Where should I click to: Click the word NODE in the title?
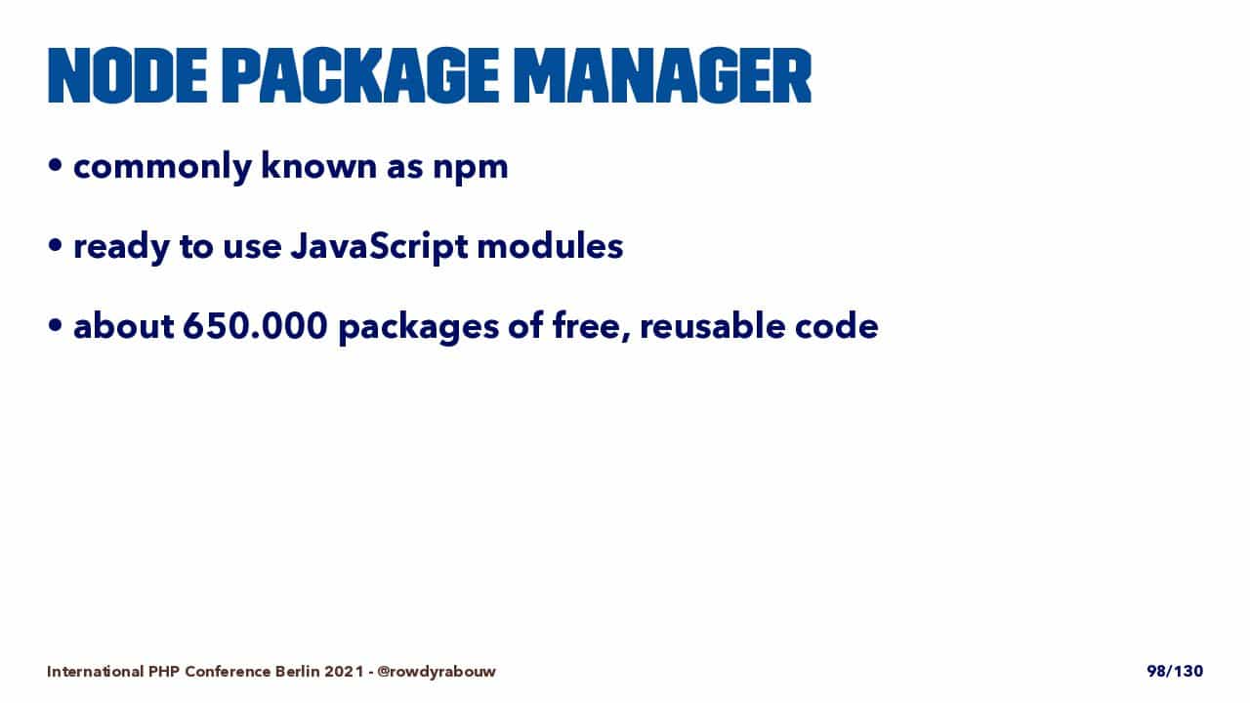click(128, 76)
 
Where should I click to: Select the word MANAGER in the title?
click(662, 76)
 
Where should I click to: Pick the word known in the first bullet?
click(318, 166)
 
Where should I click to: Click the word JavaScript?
click(379, 247)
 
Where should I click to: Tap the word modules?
click(550, 245)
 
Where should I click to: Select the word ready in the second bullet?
click(121, 248)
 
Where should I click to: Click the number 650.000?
click(255, 326)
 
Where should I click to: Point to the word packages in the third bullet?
click(419, 328)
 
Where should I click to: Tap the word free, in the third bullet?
click(592, 326)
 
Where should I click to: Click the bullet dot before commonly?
click(55, 165)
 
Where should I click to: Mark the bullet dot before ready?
click(55, 245)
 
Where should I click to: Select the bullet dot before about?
click(55, 325)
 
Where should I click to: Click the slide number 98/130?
click(1175, 671)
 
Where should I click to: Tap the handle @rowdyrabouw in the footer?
click(437, 672)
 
